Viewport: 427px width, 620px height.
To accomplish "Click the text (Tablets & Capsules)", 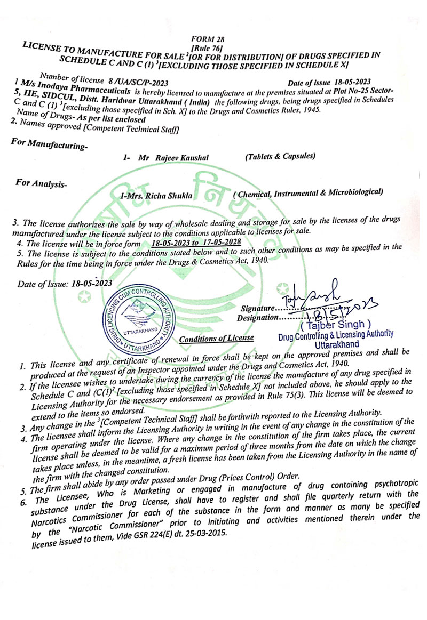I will click(x=280, y=156).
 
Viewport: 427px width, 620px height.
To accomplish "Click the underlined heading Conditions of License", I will click(x=217, y=339).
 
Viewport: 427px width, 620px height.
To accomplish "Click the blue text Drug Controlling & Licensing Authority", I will click(x=336, y=335).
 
